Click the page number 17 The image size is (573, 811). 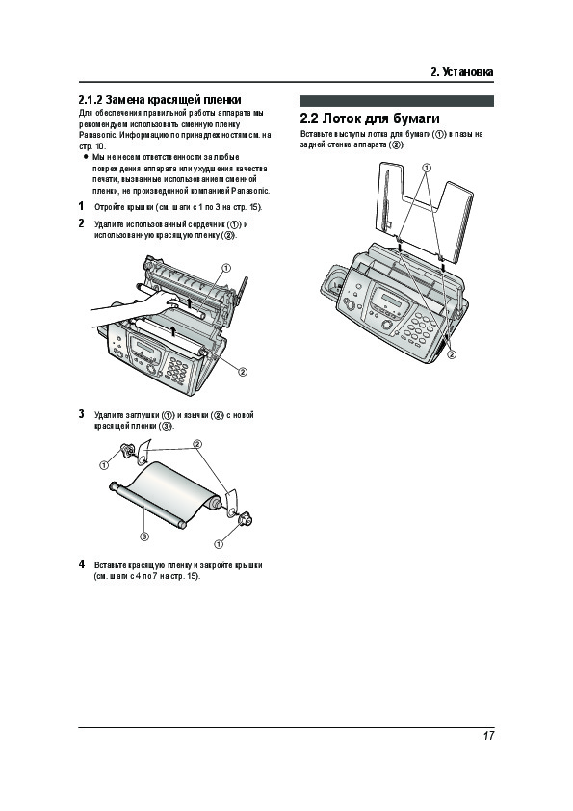coord(488,736)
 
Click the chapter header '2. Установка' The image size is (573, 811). coord(462,72)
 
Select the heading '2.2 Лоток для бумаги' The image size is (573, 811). coord(370,119)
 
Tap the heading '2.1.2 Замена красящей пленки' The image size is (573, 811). coord(160,100)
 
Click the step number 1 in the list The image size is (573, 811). coord(81,206)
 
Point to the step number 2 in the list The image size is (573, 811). coord(81,223)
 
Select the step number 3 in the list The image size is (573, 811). coord(81,414)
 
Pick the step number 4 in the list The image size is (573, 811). coord(81,564)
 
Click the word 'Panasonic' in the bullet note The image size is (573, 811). coord(249,191)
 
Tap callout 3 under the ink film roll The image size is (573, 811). coord(144,536)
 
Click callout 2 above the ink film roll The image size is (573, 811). coord(197,444)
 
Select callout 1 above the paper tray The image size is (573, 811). coord(426,168)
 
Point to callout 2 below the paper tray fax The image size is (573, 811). coord(452,354)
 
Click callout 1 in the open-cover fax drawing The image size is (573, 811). coord(226,268)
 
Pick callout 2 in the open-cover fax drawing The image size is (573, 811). coord(242,372)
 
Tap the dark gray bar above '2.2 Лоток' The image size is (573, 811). coord(397,101)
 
